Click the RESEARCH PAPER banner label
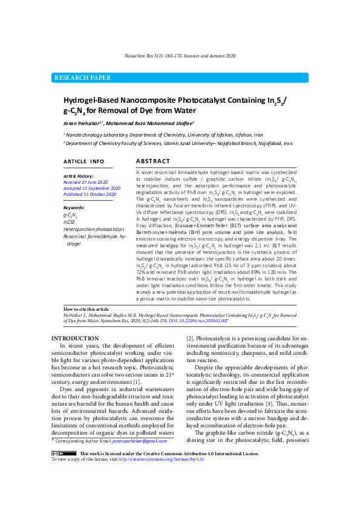tap(83, 78)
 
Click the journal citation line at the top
tap(180, 55)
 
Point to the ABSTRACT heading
tap(153, 161)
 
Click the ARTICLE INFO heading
tap(83, 162)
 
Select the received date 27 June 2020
tap(85, 181)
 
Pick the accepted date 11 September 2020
tap(92, 188)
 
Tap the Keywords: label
tap(74, 207)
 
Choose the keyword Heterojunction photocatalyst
tap(94, 229)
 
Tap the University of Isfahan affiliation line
tap(163, 134)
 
